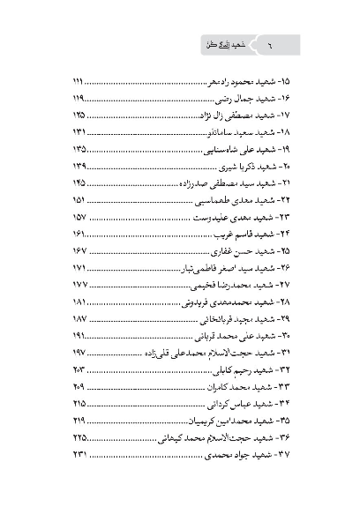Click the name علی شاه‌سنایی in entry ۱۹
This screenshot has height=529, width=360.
click(219, 149)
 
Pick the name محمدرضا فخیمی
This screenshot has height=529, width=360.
click(219, 285)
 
